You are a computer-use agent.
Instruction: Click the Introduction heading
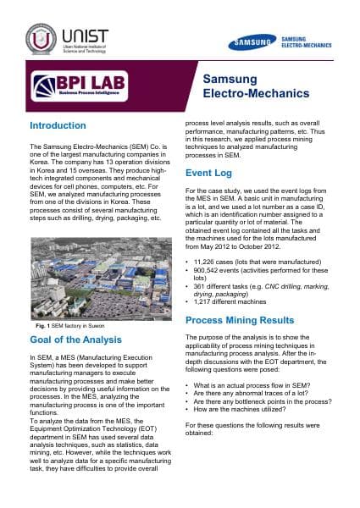coord(58,125)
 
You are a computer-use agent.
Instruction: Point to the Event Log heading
coord(210,173)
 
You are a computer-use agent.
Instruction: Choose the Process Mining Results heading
coord(240,321)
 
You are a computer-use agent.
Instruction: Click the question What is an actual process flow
coord(250,384)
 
